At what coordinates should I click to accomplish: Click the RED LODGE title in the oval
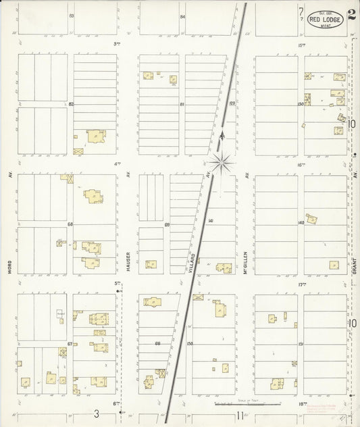[x=326, y=20]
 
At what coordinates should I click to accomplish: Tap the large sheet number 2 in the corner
[x=353, y=14]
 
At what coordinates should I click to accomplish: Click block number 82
[x=70, y=104]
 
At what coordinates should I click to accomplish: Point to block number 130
[x=300, y=104]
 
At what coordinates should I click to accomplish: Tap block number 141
[x=211, y=221]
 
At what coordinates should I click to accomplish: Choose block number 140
[x=300, y=222]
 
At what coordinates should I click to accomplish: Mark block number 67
[x=70, y=344]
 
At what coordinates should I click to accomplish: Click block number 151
[x=300, y=344]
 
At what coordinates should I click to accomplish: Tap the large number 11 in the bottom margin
[x=240, y=415]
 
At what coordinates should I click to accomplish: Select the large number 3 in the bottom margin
[x=97, y=414]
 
